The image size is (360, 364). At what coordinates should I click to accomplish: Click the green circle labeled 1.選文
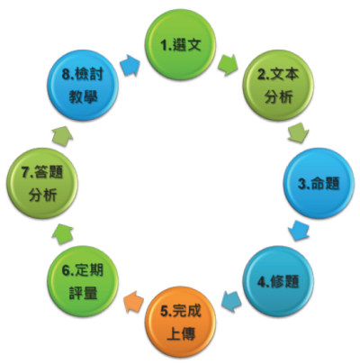pos(180,45)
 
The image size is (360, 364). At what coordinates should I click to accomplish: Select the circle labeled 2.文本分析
pos(278,86)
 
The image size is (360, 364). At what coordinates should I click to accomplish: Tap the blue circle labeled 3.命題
pos(319,183)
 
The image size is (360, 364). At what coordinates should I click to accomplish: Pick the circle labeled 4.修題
pos(278,281)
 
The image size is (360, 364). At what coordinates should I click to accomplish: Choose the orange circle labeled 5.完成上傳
pos(180,322)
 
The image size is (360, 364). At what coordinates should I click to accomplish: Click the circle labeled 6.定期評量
pos(83,281)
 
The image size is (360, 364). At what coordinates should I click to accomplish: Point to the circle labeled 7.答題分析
pos(42,183)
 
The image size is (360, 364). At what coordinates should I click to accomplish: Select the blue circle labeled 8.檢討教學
pos(83,86)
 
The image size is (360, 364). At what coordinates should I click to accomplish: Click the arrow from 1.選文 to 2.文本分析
pos(228,65)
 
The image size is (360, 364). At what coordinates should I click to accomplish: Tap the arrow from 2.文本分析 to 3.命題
pos(299,132)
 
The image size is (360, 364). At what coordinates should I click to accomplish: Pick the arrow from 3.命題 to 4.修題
pos(299,231)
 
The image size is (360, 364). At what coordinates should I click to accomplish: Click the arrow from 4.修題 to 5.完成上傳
pos(231,302)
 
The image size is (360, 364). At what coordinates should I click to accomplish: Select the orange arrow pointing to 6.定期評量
pos(133,302)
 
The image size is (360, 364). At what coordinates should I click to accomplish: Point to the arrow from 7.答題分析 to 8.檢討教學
pos(62,136)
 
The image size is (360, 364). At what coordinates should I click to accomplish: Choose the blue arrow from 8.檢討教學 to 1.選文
pos(130,65)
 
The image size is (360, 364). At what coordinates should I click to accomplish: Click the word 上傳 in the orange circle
pos(181,333)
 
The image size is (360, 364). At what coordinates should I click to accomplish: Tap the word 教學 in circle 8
pos(83,97)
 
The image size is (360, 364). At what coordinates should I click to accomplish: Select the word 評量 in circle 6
pos(83,293)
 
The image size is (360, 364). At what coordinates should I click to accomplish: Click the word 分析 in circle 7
pos(42,196)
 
